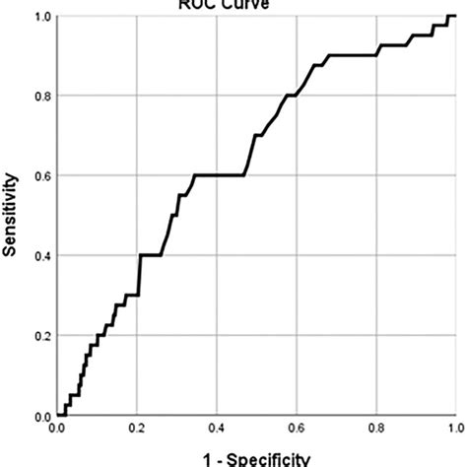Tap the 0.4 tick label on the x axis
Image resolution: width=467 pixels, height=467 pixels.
tap(216, 431)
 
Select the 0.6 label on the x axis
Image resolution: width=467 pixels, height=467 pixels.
tap(296, 431)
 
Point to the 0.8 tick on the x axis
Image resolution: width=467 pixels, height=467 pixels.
tap(375, 431)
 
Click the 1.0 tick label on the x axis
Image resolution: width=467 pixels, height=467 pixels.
tap(454, 431)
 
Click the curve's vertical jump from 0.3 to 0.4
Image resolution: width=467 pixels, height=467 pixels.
tap(140, 276)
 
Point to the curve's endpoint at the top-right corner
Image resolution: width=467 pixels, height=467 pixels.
tap(453, 16)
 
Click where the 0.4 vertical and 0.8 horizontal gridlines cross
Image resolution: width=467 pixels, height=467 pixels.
tap(216, 96)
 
